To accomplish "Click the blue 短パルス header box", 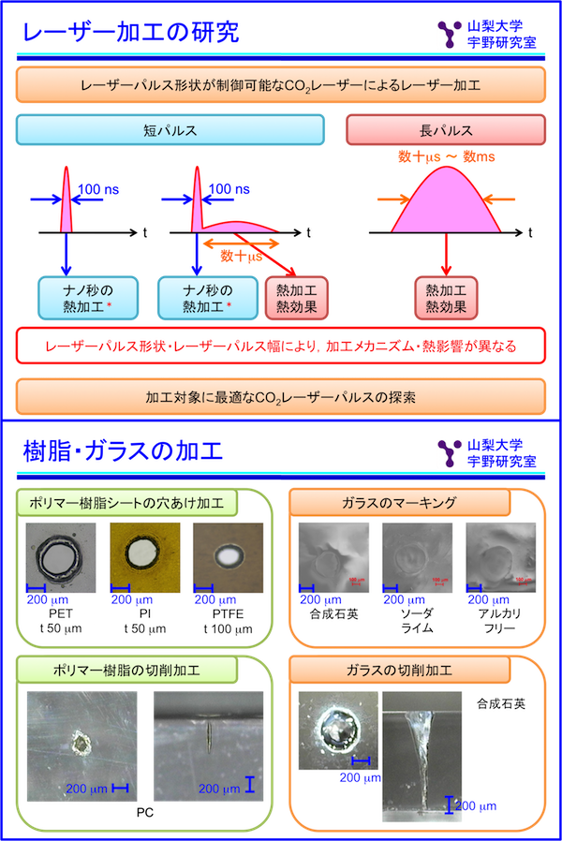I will pos(170,130).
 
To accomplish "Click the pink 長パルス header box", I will pos(446,130).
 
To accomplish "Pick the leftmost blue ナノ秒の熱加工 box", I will pos(88,298).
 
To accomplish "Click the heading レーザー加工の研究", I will pos(131,33).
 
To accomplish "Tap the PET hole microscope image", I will pos(61,557).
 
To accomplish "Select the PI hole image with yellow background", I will pos(144,557).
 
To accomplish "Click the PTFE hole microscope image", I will pos(228,557).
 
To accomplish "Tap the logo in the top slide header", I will pos(448,33).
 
